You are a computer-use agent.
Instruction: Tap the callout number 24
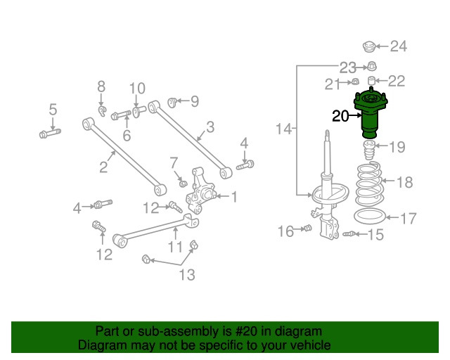pos(399,47)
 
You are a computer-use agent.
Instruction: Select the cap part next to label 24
pos(366,47)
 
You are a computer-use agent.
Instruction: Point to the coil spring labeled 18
pos(370,184)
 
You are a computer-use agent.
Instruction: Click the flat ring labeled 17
pos(370,217)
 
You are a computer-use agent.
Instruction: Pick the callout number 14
pos(283,129)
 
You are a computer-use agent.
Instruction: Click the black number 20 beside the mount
pos(340,117)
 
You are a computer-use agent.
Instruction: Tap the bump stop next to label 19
pos(367,150)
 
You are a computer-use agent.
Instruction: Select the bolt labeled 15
pos(351,233)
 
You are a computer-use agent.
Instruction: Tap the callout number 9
pos(193,102)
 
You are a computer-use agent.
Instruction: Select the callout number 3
pos(210,128)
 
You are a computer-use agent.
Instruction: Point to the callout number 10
pos(137,89)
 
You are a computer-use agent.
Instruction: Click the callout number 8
pos(101,86)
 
